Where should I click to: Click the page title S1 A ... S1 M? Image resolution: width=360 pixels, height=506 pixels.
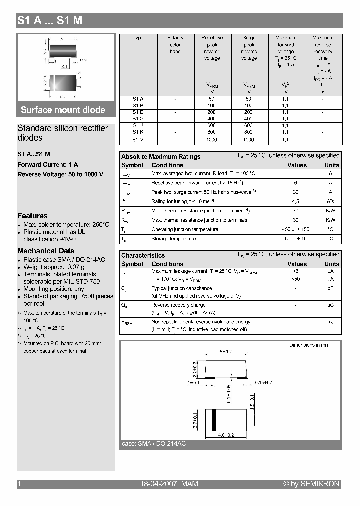[x=50, y=21]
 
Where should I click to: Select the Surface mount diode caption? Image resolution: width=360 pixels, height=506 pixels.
[x=63, y=110]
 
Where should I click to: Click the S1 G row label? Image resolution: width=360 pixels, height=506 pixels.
[x=138, y=119]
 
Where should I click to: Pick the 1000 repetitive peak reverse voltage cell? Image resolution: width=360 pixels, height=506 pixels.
[x=212, y=140]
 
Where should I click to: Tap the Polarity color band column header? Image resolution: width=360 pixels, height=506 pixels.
[x=175, y=44]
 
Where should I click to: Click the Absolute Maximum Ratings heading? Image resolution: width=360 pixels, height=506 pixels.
[x=161, y=157]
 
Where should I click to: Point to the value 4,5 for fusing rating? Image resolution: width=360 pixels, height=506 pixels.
[x=295, y=201]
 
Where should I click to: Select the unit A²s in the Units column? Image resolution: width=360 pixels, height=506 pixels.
[x=330, y=201]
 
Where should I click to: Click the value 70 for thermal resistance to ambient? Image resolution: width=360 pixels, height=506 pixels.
[x=295, y=211]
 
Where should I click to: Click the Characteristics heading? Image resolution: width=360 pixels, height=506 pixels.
[x=143, y=255]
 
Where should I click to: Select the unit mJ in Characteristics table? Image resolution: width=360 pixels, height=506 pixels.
[x=330, y=322]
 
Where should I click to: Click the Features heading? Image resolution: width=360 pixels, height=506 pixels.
[x=32, y=216]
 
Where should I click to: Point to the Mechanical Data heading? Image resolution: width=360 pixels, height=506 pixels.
[x=46, y=251]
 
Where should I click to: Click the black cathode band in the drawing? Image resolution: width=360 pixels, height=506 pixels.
[x=214, y=419]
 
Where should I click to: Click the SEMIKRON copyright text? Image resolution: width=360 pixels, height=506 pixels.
[x=311, y=484]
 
